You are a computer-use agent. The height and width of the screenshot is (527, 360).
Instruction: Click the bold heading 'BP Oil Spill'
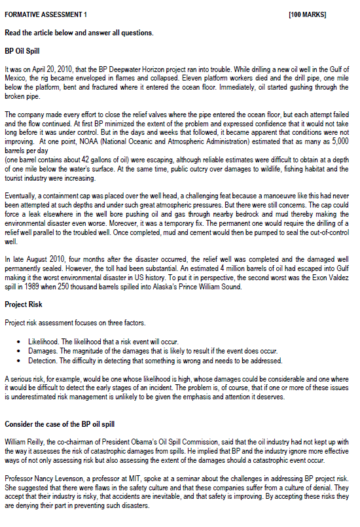[x=23, y=50]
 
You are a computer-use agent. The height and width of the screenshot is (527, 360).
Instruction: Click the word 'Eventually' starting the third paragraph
[x=20, y=196]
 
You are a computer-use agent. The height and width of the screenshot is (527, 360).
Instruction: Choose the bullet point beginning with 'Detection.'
[x=155, y=360]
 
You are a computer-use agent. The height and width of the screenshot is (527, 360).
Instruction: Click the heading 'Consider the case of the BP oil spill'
[x=60, y=424]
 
